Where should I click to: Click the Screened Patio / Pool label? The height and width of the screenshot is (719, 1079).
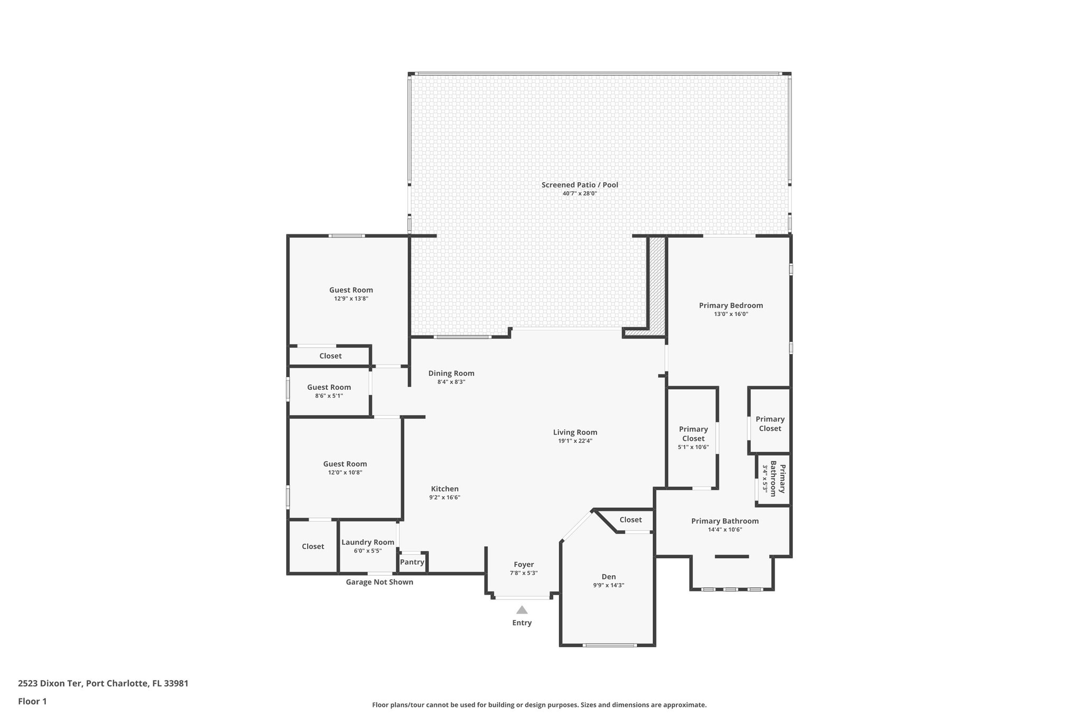580,185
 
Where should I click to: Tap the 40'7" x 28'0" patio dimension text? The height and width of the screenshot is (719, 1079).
580,194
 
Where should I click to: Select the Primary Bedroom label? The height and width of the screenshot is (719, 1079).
731,306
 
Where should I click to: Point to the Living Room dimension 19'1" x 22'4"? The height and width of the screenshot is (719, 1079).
575,441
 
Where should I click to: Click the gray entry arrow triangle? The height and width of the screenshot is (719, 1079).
522,610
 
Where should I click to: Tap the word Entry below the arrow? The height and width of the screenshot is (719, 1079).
522,623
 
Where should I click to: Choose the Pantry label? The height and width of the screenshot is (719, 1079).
412,562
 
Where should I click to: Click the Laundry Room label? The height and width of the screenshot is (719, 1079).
368,542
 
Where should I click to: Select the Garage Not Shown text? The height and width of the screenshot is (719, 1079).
379,582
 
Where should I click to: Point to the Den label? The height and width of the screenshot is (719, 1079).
609,577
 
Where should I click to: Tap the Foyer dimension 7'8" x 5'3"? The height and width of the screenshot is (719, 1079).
524,573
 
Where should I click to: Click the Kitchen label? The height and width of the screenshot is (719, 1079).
445,489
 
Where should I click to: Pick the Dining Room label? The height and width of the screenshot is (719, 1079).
451,373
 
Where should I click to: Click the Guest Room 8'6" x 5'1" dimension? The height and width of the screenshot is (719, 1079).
329,396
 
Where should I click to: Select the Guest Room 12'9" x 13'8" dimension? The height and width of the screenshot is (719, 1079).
351,299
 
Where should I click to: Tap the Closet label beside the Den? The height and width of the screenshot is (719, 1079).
630,520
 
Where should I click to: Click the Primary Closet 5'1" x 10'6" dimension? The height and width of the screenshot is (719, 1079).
693,447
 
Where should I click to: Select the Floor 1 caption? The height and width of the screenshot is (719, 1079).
32,701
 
